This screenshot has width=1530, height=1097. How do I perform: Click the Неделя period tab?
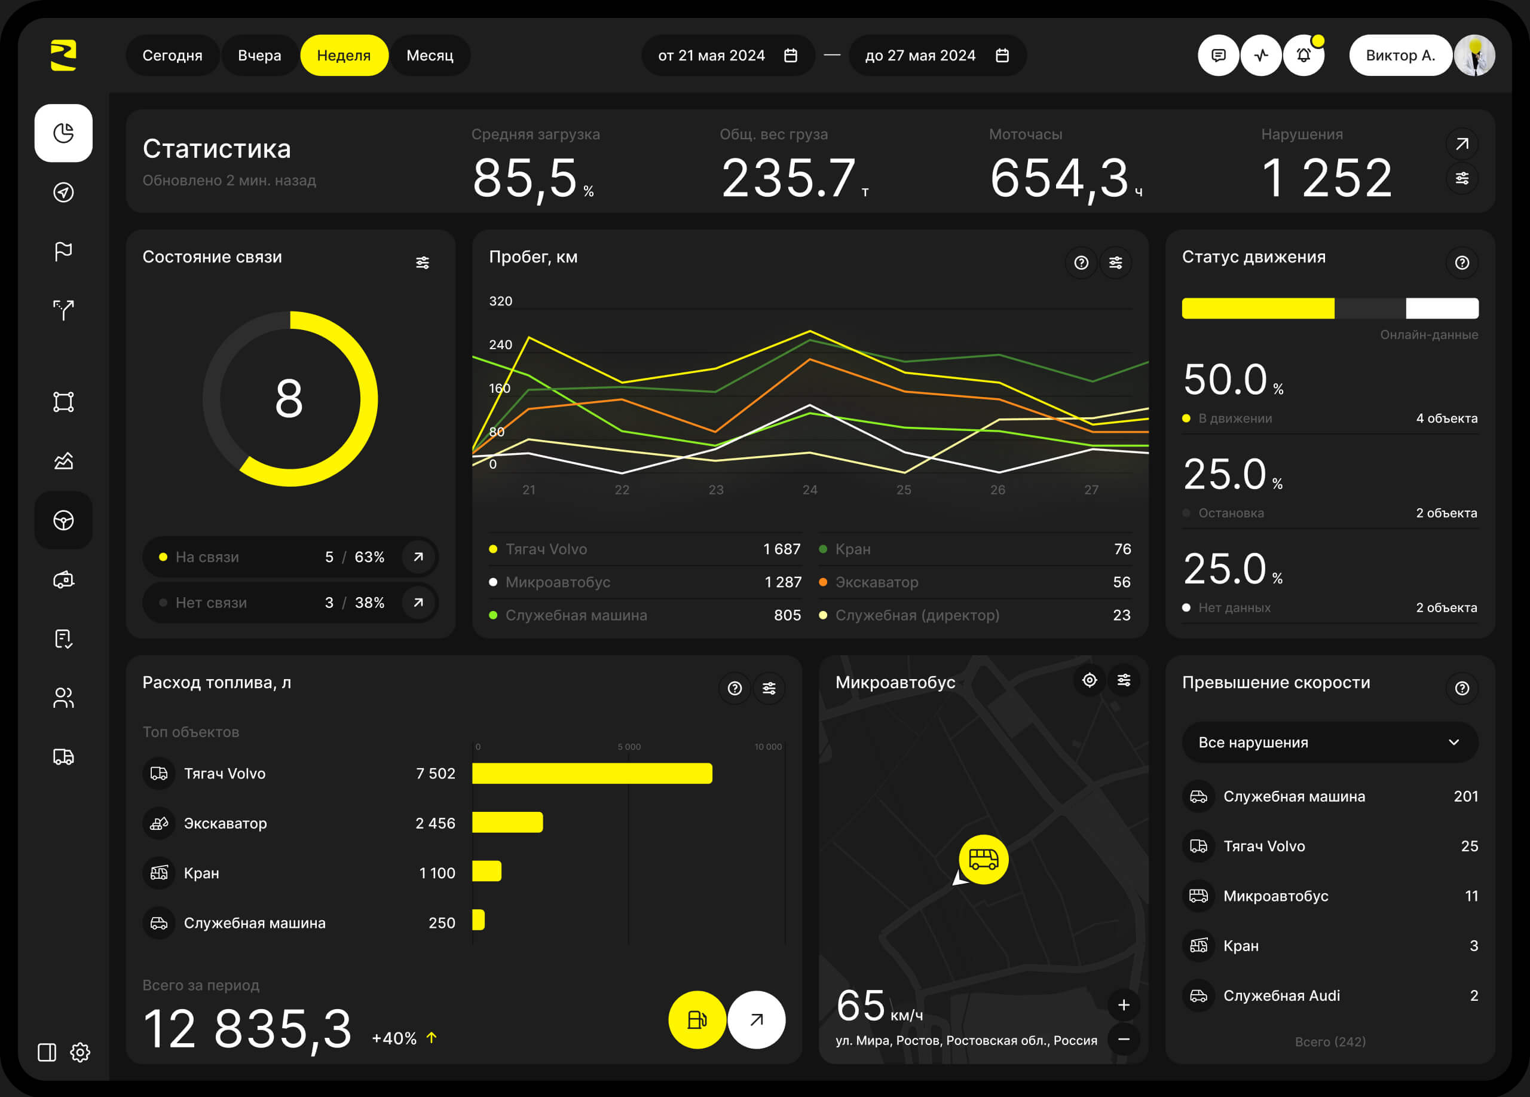coord(344,56)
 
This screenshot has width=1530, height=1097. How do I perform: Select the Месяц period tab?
coord(430,56)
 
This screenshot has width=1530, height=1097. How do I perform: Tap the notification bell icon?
coord(1303,56)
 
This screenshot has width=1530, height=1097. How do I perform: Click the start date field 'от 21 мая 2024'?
coord(727,56)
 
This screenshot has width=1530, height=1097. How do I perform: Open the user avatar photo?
coord(1474,56)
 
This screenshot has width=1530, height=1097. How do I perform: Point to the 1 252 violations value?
coord(1326,178)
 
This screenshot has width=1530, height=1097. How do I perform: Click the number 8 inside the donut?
coord(289,398)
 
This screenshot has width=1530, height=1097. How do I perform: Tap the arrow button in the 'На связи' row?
coord(418,557)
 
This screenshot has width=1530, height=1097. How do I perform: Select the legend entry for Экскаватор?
coord(876,582)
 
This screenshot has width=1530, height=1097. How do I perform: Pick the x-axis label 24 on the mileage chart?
coord(809,490)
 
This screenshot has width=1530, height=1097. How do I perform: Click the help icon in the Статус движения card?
coord(1462,262)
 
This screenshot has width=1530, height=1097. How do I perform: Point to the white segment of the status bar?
coord(1442,308)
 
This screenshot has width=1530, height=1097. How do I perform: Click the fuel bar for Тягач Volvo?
coord(592,773)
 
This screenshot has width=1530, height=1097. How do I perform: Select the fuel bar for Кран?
coord(486,871)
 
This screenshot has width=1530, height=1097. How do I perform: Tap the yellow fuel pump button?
coord(697,1019)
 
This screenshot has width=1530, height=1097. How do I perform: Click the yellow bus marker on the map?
coord(983,859)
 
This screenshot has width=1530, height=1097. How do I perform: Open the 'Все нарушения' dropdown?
coord(1330,742)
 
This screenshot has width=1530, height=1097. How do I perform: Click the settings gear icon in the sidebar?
coord(80,1052)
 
